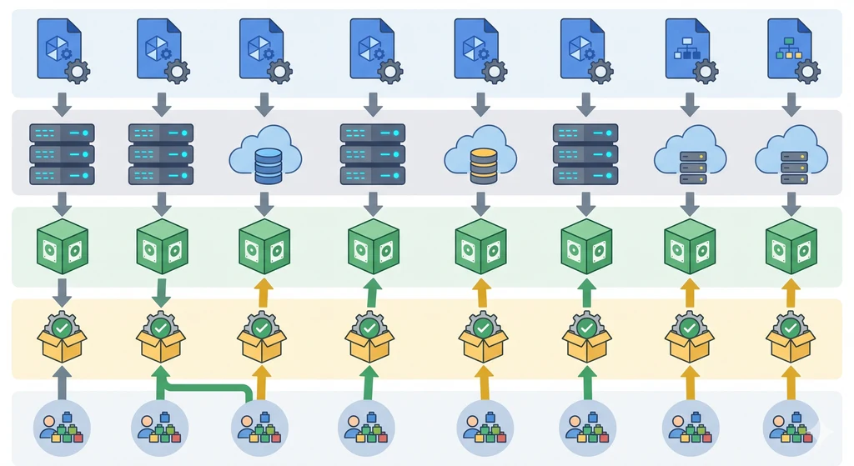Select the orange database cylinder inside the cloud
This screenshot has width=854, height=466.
pos(483,165)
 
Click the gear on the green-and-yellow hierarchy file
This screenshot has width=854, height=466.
pos(807,71)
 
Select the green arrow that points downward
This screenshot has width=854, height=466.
pos(161,291)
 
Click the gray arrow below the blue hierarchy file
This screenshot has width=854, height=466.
pos(690,105)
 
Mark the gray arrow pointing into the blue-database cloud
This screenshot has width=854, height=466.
pos(264,105)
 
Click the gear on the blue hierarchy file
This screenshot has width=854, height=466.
pos(706,71)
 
